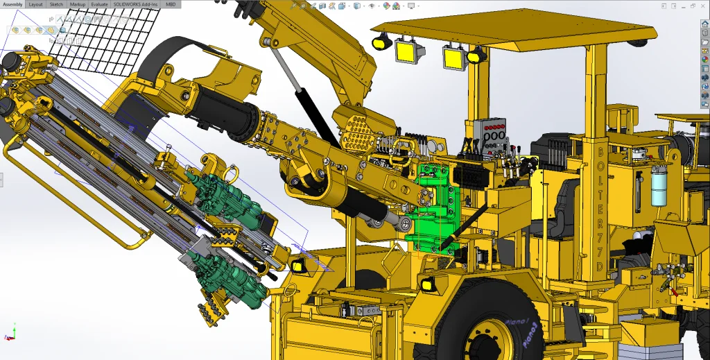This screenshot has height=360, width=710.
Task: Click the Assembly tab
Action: point(12,4)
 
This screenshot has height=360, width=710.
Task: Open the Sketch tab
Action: point(56,4)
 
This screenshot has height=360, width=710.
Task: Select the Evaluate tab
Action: point(99,4)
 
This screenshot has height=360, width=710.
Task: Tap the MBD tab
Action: point(171,4)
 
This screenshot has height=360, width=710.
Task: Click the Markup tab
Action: point(77,4)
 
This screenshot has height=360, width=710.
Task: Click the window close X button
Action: point(704,6)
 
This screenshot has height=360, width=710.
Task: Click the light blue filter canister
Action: point(659,186)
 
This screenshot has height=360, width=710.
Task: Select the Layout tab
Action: point(35,4)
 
